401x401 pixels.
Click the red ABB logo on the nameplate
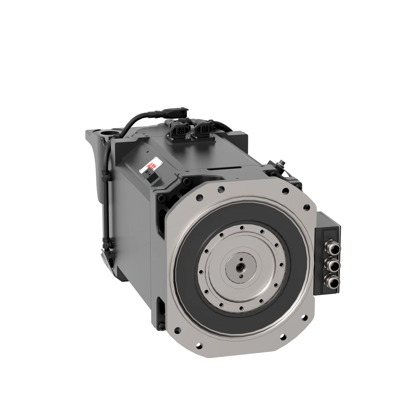(153, 165)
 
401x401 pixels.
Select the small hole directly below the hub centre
(241, 276)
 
